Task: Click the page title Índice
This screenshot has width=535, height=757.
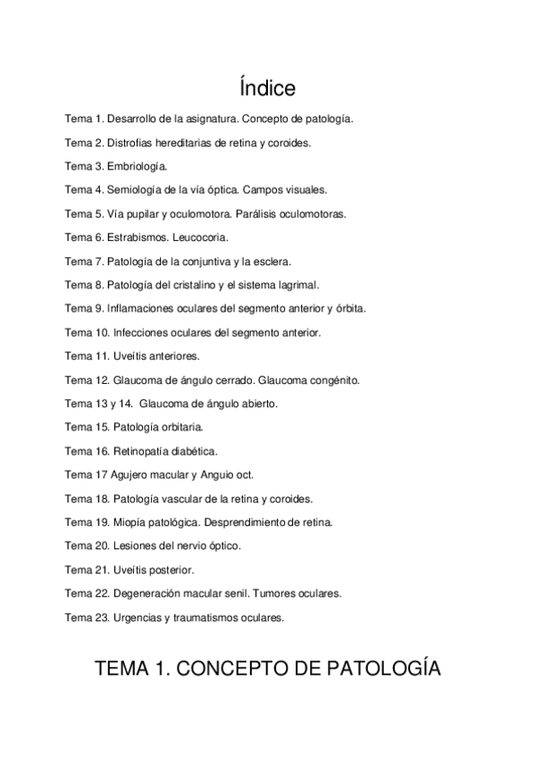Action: [x=267, y=88]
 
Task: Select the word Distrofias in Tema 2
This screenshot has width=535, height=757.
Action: [x=130, y=142]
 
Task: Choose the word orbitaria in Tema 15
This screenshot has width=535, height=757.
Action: [x=180, y=428]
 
